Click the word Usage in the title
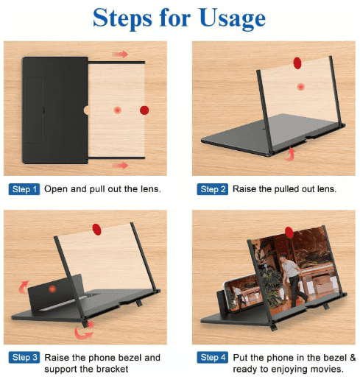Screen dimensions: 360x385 pos(233,18)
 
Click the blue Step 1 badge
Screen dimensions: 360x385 pos(24,189)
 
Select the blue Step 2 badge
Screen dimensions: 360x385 pos(213,189)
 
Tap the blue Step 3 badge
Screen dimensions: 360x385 pos(24,358)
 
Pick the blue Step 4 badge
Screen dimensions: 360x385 pos(213,358)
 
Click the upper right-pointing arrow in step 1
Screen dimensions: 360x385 pos(120,54)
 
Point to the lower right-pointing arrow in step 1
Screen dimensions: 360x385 pos(120,166)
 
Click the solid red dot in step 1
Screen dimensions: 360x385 pos(144,110)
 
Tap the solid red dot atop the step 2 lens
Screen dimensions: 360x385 pos(297,63)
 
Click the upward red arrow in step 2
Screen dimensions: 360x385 pos(290,154)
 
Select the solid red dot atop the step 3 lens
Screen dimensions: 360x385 pos(96,230)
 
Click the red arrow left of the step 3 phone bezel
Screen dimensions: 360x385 pos(24,287)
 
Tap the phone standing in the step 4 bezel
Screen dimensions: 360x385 pos(243,294)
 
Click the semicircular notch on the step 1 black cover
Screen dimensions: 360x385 pos(86,110)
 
